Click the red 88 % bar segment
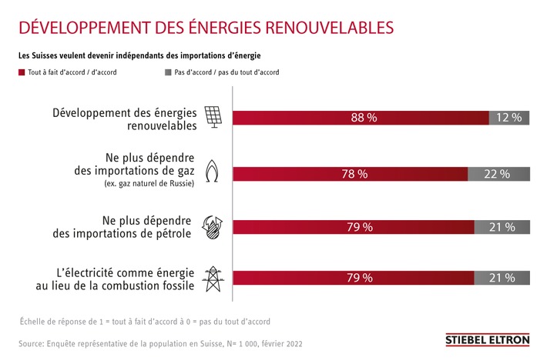[x=361, y=118]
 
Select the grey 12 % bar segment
[x=509, y=118]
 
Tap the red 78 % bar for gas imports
[x=350, y=174]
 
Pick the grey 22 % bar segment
[x=498, y=174]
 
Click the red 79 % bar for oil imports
[x=353, y=227]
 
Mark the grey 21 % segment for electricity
[x=502, y=278]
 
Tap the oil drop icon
[x=212, y=226]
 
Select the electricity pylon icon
[x=212, y=278]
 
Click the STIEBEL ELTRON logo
[x=487, y=339]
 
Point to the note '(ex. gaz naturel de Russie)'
[x=149, y=183]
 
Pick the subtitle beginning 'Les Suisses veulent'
[x=139, y=55]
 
